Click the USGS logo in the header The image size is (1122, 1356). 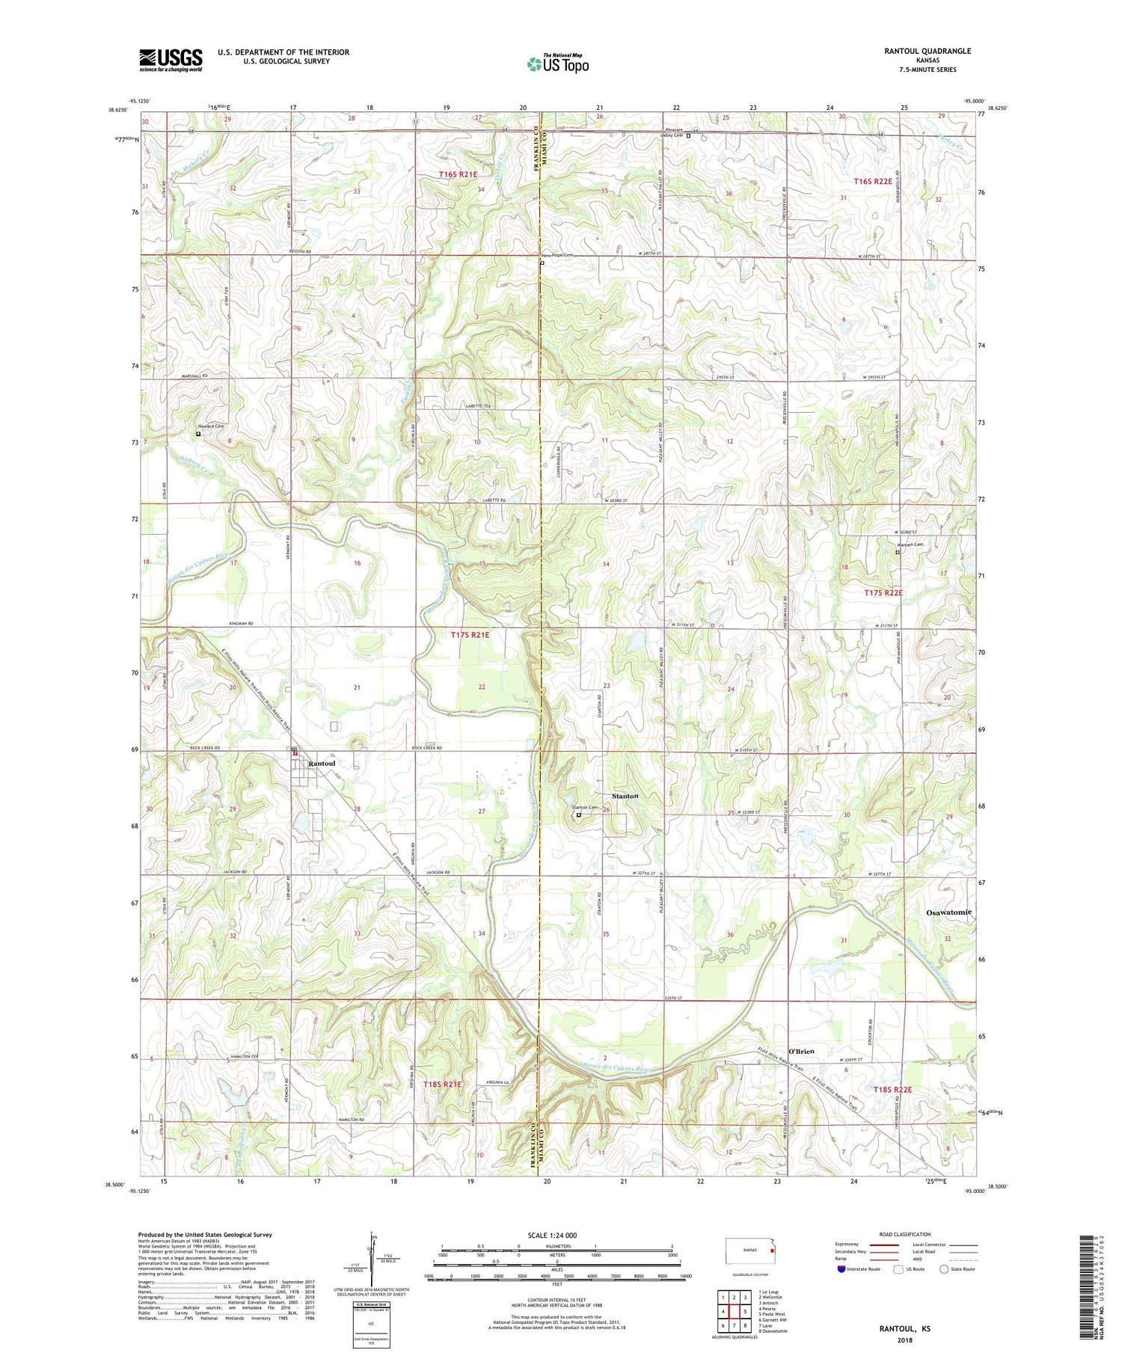click(171, 60)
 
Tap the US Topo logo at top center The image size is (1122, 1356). click(557, 64)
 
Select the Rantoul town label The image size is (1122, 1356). click(322, 763)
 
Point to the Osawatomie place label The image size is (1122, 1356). click(948, 912)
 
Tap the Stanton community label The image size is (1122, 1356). click(625, 796)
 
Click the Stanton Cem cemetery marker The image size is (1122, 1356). click(578, 815)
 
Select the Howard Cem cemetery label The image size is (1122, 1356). click(210, 426)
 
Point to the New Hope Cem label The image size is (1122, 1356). click(557, 255)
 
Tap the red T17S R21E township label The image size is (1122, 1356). click(470, 635)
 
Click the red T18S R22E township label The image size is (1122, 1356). click(893, 1090)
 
